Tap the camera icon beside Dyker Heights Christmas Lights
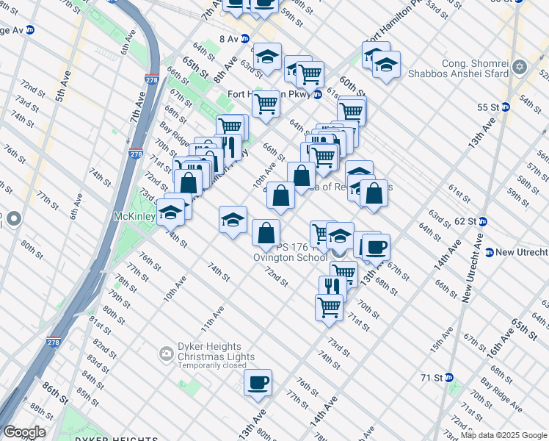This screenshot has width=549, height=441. (x=167, y=356)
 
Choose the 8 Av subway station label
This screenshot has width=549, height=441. (x=229, y=38)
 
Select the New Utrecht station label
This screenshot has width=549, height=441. (x=521, y=252)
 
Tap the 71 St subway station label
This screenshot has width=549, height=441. (x=432, y=378)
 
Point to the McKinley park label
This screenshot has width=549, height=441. (x=132, y=218)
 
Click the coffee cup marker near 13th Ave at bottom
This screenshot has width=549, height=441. (x=258, y=383)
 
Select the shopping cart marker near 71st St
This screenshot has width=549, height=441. (x=329, y=306)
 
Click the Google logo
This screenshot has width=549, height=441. (x=24, y=432)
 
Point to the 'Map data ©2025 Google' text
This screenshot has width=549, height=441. (x=503, y=435)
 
